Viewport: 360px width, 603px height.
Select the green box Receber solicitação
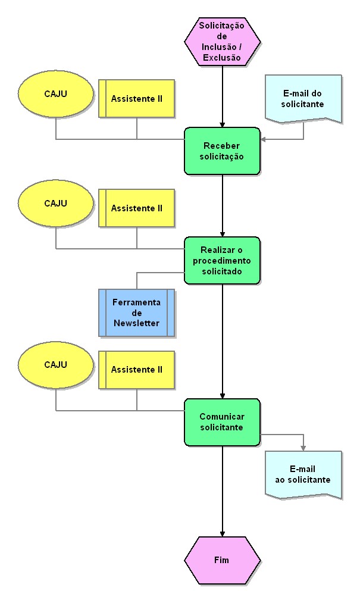tap(222, 151)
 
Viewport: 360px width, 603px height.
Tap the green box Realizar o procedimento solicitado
tap(222, 260)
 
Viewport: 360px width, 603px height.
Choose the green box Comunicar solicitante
tap(222, 422)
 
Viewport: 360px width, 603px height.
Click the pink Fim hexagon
tap(222, 560)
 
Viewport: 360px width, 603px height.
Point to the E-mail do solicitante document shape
tap(303, 98)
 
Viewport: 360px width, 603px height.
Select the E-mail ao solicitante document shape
tap(303, 474)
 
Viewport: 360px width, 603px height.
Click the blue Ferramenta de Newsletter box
tap(137, 313)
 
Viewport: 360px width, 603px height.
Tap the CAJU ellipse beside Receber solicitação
tap(56, 93)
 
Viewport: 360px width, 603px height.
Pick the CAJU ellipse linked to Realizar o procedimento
tap(56, 204)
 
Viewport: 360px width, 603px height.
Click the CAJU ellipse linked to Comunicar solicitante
tap(56, 365)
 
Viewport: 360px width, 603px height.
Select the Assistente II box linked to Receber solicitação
tap(137, 98)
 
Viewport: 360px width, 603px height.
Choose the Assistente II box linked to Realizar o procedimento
tap(137, 208)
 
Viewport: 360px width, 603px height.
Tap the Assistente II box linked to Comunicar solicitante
tap(137, 370)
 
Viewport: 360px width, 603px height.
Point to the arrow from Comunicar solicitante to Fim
tap(223, 491)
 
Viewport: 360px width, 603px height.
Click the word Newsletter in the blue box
tap(137, 323)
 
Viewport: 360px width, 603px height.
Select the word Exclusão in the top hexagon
tap(222, 58)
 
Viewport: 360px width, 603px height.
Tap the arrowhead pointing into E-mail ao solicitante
tap(303, 448)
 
